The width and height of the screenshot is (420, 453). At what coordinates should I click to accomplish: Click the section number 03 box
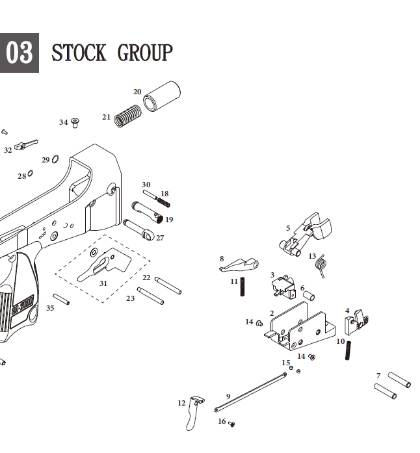coord(19,53)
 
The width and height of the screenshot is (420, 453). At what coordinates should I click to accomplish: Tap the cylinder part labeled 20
coord(161,97)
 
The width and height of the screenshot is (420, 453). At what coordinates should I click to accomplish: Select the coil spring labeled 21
coord(127,116)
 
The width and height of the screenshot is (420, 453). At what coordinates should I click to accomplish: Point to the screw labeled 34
coord(75,122)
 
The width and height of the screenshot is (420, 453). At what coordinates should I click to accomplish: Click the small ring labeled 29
coord(55,159)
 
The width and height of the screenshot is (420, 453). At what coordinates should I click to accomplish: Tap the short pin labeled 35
coord(61,299)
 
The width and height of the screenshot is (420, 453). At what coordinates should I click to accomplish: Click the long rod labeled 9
coord(250,392)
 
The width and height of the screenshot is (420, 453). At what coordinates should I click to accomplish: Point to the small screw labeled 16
coord(231,424)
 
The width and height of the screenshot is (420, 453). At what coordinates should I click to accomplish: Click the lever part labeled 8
coord(239,264)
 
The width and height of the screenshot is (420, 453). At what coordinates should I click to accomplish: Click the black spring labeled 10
coord(348,349)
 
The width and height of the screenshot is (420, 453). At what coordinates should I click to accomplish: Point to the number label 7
coord(378,376)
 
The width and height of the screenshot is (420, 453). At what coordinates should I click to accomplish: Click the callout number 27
coord(160,238)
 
